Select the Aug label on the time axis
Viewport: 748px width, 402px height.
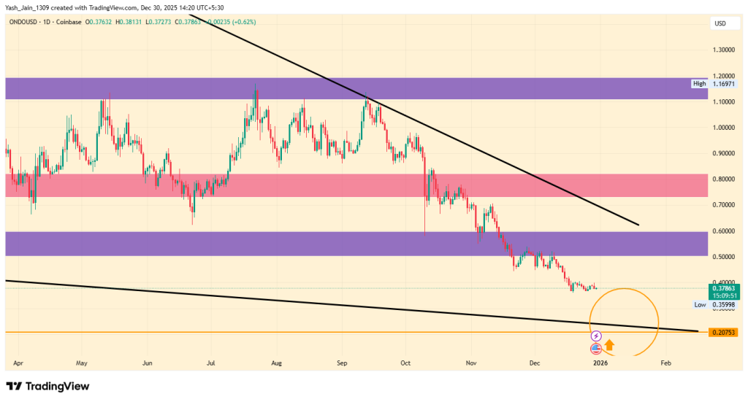(x=276, y=362)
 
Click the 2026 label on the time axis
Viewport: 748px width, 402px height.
(x=600, y=362)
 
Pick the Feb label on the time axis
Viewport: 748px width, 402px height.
(x=665, y=362)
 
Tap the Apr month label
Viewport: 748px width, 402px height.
(x=18, y=362)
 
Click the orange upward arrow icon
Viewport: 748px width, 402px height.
(x=609, y=346)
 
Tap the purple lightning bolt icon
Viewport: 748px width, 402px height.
(x=596, y=336)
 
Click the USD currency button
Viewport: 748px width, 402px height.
(x=720, y=24)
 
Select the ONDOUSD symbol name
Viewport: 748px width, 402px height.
(x=25, y=23)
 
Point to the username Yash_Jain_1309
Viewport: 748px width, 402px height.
(x=29, y=7)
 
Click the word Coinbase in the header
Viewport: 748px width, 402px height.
(x=68, y=23)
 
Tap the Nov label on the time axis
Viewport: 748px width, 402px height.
(x=471, y=362)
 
